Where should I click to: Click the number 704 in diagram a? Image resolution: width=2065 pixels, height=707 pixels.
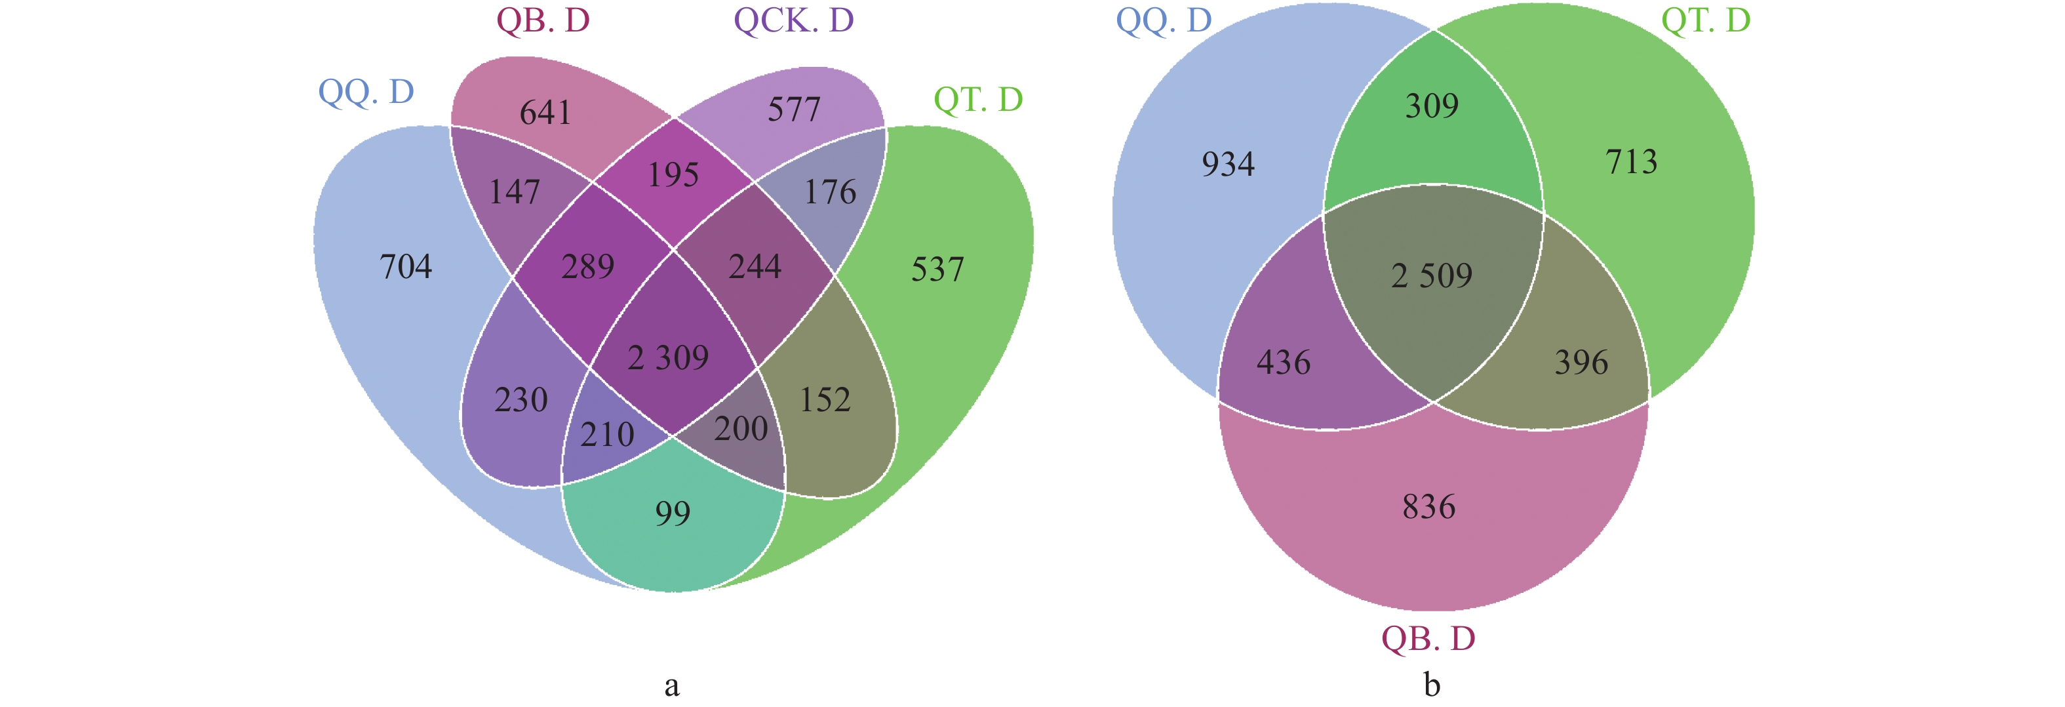406,267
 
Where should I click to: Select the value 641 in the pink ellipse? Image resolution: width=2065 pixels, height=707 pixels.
545,113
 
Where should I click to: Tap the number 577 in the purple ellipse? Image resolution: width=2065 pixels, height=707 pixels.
794,110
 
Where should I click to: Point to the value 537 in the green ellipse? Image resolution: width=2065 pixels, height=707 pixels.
937,270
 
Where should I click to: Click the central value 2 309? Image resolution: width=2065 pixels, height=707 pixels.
668,357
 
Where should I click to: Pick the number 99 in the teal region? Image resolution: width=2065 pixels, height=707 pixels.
673,513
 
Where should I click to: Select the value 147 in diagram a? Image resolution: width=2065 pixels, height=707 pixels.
515,192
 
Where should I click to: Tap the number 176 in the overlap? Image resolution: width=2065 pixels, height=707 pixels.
830,192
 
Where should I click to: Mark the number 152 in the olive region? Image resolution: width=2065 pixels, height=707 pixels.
825,400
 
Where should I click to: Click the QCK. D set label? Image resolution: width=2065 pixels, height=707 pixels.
794,20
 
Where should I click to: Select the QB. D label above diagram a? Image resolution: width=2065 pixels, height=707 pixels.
543,20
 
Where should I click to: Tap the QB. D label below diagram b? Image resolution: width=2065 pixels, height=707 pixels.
1428,639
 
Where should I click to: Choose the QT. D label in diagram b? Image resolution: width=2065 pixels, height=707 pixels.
1705,20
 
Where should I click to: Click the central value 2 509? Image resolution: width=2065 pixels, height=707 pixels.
1432,275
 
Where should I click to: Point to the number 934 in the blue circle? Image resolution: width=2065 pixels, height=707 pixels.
1228,165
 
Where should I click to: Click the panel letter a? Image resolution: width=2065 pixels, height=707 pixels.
672,685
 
